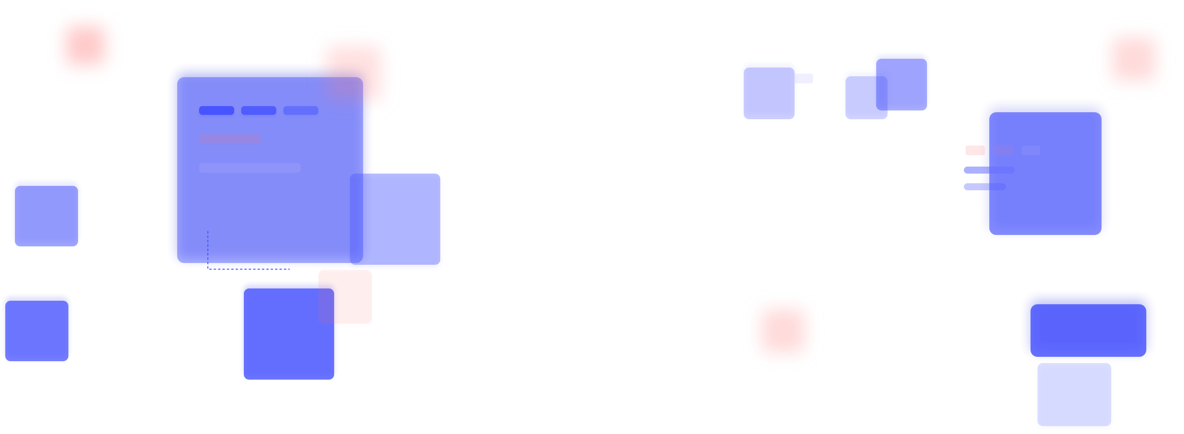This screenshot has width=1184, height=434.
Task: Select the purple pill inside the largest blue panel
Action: click(x=230, y=139)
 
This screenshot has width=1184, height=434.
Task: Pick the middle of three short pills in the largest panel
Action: click(x=258, y=110)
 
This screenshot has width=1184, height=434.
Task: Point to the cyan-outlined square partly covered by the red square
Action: click(x=280, y=340)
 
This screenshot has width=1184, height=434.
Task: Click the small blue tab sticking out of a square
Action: click(x=804, y=78)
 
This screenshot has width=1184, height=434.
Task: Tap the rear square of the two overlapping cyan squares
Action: click(x=859, y=99)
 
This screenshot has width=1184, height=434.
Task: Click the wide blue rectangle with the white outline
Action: click(x=1088, y=326)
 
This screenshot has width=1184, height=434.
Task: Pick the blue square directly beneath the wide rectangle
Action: click(x=1074, y=396)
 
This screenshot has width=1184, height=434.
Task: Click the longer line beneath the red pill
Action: click(x=989, y=170)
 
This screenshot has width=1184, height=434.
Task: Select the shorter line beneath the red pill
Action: click(x=984, y=186)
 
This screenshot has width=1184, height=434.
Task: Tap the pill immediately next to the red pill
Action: click(x=1003, y=150)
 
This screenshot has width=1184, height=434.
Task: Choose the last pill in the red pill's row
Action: click(x=1031, y=150)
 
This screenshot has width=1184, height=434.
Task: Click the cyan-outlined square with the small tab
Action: click(x=768, y=90)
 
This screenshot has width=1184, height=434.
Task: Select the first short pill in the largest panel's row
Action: click(x=217, y=110)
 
